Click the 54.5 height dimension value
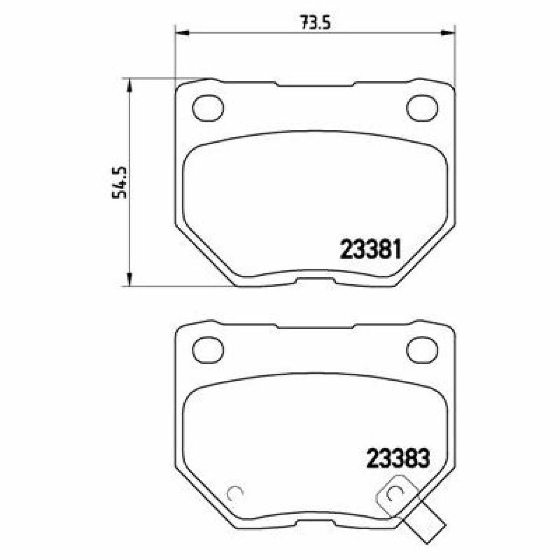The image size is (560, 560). pyautogui.click(x=119, y=182)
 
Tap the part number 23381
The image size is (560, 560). pyautogui.click(x=371, y=249)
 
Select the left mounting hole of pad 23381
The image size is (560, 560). pyautogui.click(x=208, y=108)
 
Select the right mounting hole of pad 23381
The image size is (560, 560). pyautogui.click(x=422, y=108)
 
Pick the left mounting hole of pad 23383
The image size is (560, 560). pyautogui.click(x=208, y=350)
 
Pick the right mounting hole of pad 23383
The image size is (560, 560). pyautogui.click(x=422, y=350)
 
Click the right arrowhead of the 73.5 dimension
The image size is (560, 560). pyautogui.click(x=448, y=33)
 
